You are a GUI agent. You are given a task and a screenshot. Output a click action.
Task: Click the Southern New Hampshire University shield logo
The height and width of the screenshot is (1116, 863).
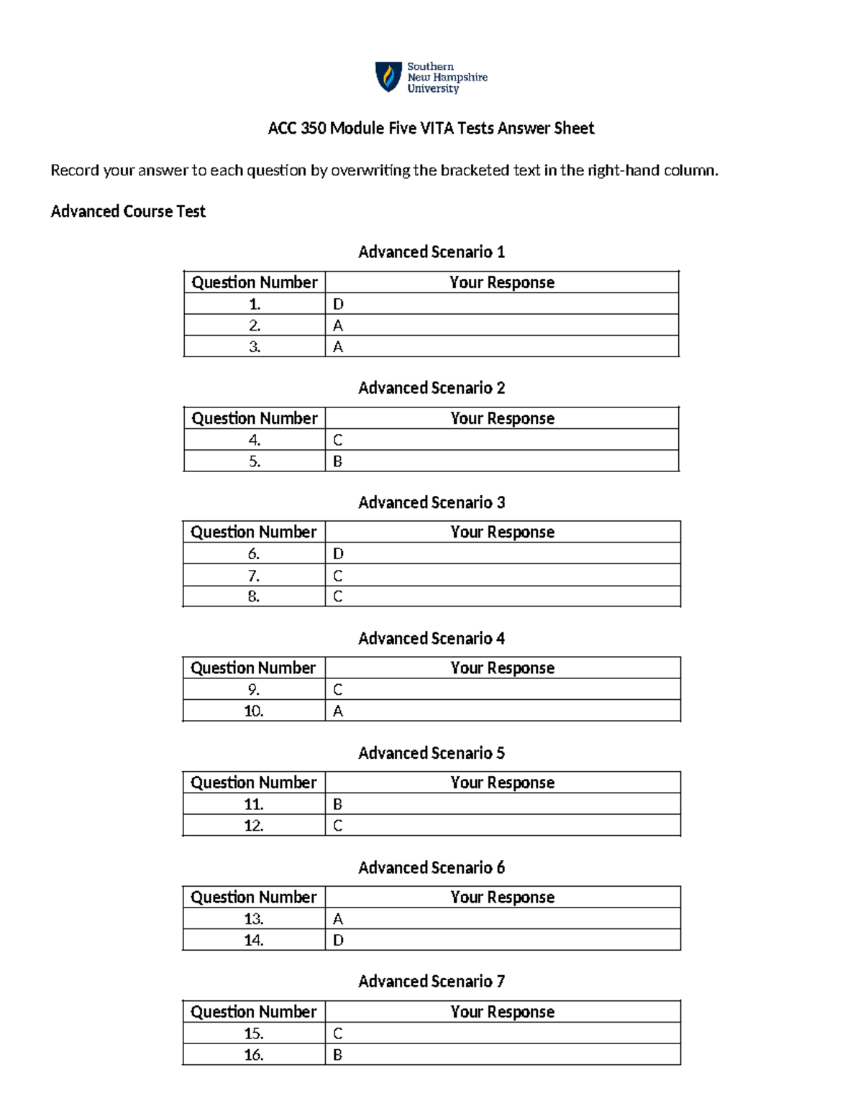coord(388,77)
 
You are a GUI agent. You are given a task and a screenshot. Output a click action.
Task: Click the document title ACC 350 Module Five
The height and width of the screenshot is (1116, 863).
coord(431,129)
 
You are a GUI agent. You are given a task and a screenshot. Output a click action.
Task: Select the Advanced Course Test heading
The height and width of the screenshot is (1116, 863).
coord(128,211)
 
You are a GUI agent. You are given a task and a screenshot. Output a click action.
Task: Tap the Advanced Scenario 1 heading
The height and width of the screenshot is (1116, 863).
coord(431,252)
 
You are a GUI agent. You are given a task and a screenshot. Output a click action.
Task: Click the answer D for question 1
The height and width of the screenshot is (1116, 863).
coord(338,304)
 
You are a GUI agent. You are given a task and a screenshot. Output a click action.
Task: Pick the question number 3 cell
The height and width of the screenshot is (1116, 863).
coord(255,347)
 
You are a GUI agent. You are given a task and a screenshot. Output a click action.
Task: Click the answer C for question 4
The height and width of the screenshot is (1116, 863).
coord(338,440)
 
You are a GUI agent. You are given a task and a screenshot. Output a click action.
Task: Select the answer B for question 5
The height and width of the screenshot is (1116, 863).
coord(338,461)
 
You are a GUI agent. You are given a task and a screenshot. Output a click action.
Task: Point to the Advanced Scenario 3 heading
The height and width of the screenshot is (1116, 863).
coord(431,502)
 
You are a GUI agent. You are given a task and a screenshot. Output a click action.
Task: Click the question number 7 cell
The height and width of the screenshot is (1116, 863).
coord(254,576)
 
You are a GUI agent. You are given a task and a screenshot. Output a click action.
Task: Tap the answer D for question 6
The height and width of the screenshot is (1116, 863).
coord(338,554)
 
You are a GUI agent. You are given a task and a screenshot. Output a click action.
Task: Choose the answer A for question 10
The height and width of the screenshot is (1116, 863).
coord(338,711)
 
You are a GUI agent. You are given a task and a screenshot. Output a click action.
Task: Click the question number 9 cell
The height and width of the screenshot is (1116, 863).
coord(254,690)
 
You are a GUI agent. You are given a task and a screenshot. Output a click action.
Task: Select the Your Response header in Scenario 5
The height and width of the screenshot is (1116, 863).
coord(502,783)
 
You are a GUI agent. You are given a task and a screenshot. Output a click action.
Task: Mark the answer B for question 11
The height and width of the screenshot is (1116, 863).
coord(338,804)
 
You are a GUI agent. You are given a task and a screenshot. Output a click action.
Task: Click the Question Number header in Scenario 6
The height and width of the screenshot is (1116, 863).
coord(253,897)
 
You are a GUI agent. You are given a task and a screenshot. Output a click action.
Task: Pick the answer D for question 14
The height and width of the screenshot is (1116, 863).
coord(338,940)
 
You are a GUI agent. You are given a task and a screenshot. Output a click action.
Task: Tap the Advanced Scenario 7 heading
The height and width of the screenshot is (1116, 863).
coord(431,982)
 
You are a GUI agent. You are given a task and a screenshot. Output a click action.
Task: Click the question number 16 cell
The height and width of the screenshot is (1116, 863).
coord(254,1055)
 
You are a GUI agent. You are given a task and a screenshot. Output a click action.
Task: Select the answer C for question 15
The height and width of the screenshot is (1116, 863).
coord(338,1033)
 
